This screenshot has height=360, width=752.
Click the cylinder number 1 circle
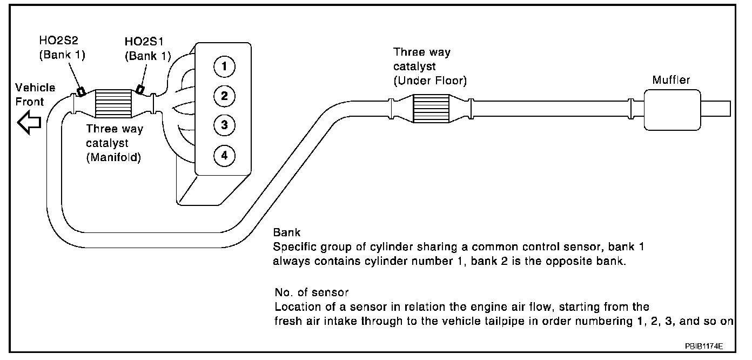click(224, 67)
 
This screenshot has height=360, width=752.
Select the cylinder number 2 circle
click(224, 97)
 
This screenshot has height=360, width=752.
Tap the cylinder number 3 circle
click(224, 126)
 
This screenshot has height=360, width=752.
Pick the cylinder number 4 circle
click(224, 156)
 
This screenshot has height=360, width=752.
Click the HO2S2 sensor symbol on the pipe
click(80, 91)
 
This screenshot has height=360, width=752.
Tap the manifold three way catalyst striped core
click(113, 103)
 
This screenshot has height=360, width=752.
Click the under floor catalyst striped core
click(431, 108)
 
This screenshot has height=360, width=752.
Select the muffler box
click(672, 110)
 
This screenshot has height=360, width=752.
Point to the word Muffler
click(671, 80)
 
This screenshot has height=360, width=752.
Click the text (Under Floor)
click(429, 81)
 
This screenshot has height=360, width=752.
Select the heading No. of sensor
click(311, 292)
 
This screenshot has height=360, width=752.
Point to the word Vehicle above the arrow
click(35, 88)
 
